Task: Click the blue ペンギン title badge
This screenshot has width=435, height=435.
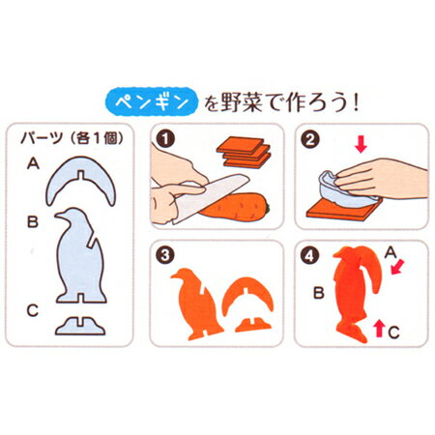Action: (x=152, y=101)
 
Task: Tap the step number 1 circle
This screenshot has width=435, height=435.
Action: (x=165, y=139)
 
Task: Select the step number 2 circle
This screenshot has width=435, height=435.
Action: (x=309, y=140)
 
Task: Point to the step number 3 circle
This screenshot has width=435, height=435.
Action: (x=165, y=255)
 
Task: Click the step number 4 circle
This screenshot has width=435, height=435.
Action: (x=309, y=256)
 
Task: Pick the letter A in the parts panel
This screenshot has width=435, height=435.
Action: (x=33, y=163)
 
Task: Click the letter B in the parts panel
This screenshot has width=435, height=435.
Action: (x=33, y=221)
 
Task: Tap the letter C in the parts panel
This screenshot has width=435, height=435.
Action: (x=33, y=311)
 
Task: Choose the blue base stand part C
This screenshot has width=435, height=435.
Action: (x=80, y=327)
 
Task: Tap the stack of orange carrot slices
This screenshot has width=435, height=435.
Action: (x=244, y=153)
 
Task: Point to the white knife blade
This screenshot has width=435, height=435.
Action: (x=211, y=197)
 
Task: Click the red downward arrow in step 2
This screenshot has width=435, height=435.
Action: (x=361, y=144)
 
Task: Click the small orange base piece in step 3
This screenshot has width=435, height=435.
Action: (x=253, y=325)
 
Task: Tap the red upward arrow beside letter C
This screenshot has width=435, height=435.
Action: (x=380, y=329)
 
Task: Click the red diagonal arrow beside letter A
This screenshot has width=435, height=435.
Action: (x=397, y=268)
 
